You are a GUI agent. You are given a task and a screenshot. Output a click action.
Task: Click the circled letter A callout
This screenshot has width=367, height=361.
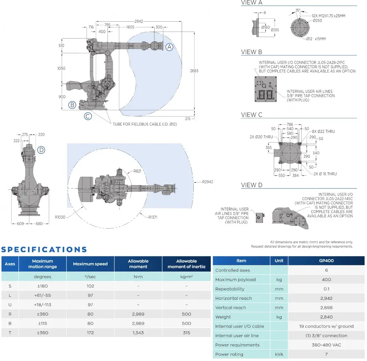169,47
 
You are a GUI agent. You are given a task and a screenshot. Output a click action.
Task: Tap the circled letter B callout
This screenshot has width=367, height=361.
72,105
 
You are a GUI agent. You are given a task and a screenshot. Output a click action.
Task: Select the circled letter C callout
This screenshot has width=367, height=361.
88,116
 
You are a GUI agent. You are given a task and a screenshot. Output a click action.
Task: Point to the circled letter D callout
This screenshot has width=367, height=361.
41,150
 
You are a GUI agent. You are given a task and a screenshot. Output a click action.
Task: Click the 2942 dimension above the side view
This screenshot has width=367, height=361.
138,21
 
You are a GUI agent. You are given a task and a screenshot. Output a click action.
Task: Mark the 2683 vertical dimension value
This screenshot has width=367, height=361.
194,70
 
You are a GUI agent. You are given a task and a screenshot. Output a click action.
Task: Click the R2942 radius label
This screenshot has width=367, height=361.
207,182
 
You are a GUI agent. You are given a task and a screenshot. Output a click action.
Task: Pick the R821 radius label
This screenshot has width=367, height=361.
138,171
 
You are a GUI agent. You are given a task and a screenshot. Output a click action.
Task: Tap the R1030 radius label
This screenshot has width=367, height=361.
61,217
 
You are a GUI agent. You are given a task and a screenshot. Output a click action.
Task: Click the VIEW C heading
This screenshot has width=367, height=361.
252,115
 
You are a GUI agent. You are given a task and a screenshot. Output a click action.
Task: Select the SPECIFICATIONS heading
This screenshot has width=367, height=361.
44,250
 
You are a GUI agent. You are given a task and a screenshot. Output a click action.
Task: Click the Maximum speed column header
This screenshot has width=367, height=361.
90,264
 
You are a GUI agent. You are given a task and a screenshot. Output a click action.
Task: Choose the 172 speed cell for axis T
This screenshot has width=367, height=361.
90,333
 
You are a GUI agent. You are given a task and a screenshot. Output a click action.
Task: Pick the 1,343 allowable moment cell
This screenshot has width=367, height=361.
138,333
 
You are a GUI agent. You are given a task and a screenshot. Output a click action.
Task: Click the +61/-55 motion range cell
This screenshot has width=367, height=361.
43,295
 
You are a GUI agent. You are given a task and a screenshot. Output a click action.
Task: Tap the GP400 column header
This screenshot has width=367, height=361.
326,260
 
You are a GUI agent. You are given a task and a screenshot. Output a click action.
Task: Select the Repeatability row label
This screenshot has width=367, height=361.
230,289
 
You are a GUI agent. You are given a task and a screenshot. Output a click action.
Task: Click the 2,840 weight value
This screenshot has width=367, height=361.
326,317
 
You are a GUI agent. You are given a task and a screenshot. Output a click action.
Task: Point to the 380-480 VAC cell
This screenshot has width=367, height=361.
326,345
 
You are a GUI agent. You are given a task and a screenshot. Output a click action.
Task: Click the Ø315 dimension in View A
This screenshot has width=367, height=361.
275,30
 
